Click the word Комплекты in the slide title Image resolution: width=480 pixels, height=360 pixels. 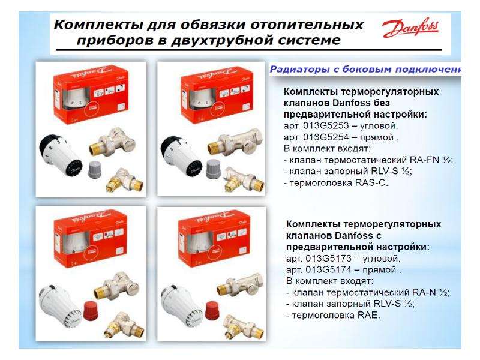click(90, 26)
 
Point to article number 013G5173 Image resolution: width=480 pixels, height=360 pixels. click(325, 259)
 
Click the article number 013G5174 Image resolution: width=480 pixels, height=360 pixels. click(325, 269)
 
